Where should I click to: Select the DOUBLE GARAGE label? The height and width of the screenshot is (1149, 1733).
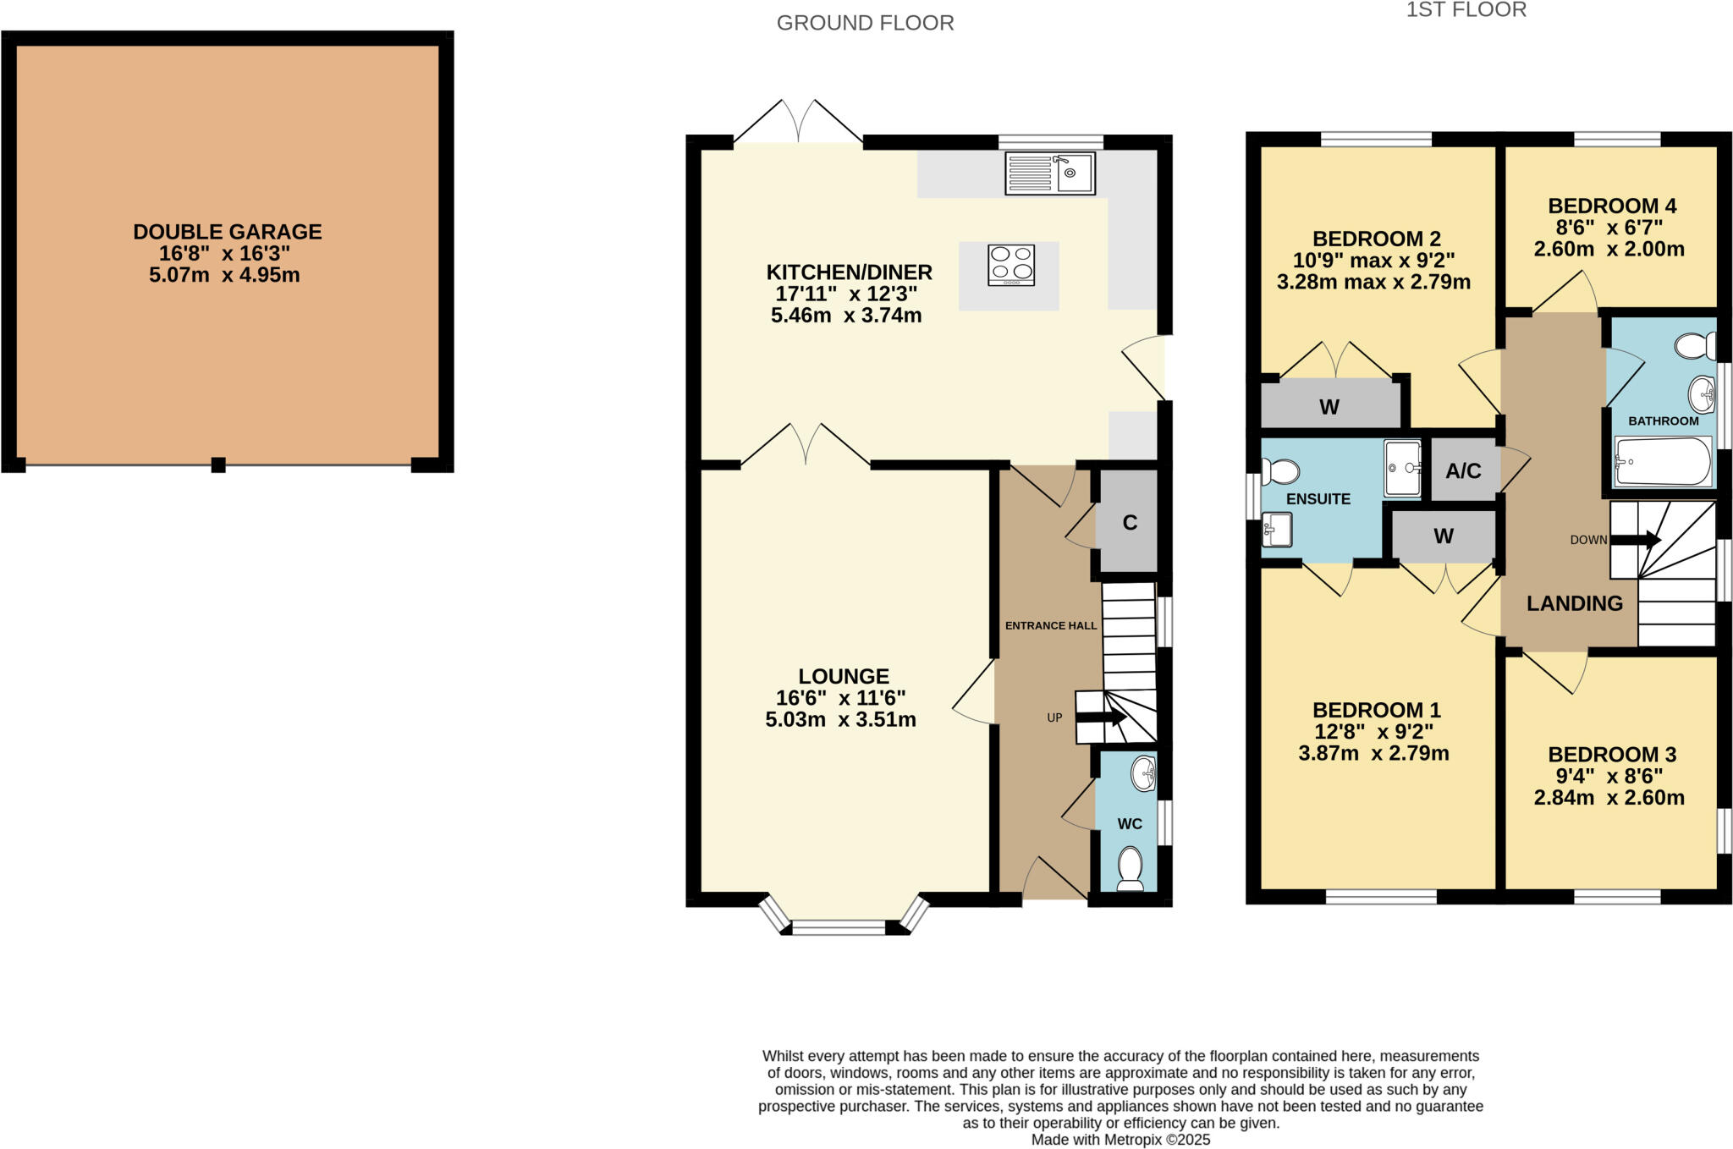227,232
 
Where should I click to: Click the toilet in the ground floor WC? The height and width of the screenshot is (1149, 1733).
1130,869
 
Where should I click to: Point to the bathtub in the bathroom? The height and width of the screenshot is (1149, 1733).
1662,462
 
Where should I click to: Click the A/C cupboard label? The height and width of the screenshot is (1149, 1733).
1463,471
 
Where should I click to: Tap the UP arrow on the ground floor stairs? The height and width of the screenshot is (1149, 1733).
1101,717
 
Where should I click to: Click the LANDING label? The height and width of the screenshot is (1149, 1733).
1574,603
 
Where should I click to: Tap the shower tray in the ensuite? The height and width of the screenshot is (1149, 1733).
1402,468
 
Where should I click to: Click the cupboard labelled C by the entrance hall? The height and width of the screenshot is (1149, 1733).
1129,523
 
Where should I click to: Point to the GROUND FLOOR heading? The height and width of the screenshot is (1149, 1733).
865,23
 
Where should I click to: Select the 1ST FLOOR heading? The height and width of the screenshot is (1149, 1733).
1466,10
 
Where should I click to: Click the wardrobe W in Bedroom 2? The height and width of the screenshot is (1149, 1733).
1329,407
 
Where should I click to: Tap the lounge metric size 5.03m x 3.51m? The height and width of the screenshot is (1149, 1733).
840,720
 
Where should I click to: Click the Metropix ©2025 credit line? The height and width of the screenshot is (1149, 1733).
1120,1140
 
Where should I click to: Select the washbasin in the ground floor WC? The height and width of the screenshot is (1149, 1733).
1143,773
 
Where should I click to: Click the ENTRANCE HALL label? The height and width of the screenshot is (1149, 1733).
1050,626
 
